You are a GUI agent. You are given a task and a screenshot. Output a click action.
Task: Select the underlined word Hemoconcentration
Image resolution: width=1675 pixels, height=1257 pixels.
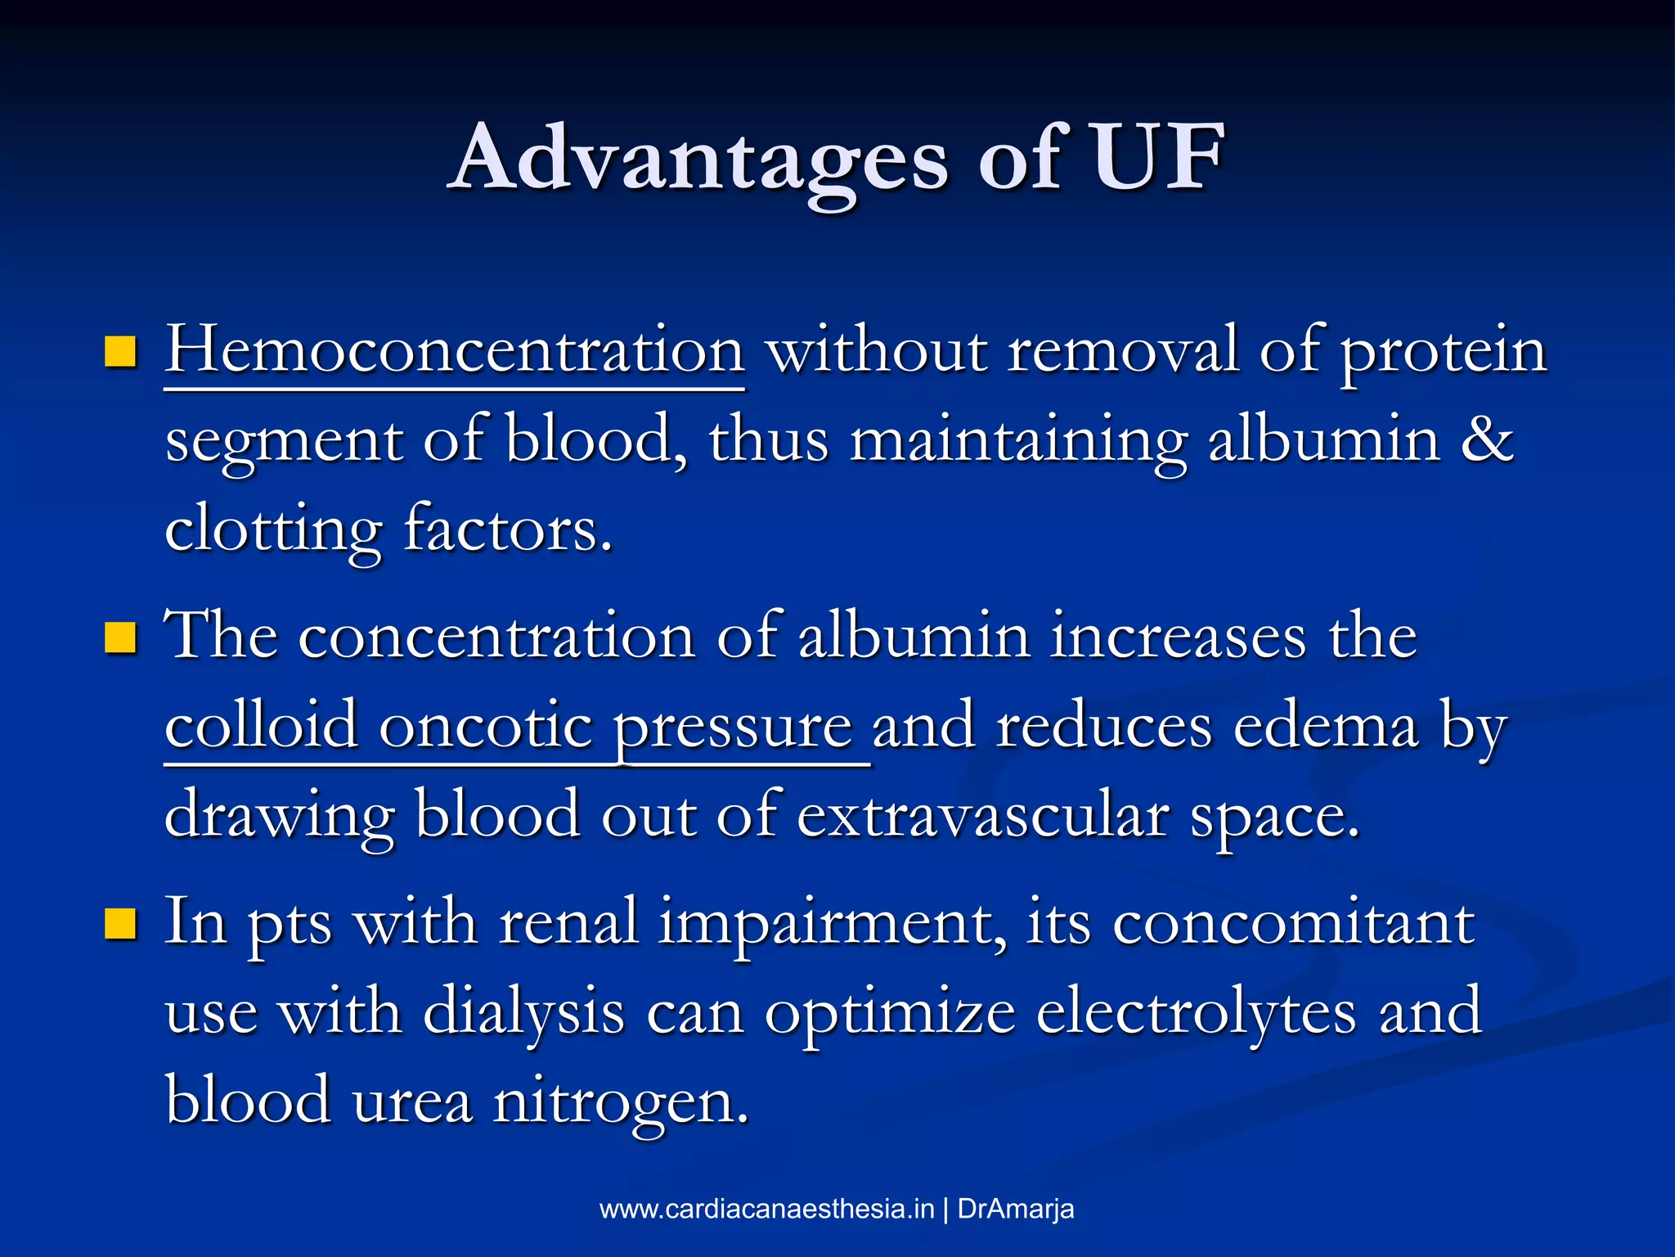(x=454, y=351)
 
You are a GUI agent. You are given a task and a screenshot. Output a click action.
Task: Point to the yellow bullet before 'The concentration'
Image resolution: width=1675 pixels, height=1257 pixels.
(x=120, y=638)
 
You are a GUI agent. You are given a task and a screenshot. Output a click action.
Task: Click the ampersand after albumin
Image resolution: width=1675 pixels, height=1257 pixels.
(x=1487, y=439)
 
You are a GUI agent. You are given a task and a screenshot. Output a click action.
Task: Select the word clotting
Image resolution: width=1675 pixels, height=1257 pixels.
(x=273, y=530)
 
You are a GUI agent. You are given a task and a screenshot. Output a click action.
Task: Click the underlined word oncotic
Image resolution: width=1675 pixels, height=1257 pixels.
(x=486, y=726)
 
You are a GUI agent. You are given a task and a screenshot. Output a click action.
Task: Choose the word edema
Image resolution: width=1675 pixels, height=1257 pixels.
(x=1326, y=726)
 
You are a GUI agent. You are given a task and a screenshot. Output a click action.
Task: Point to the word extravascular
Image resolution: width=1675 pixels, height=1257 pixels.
(x=982, y=816)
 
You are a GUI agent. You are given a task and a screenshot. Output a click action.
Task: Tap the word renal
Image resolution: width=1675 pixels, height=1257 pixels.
(x=568, y=923)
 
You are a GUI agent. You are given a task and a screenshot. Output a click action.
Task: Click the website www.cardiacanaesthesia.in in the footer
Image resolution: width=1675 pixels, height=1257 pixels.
(x=766, y=1209)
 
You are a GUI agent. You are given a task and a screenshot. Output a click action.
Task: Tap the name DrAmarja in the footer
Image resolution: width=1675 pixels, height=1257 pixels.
(x=1015, y=1209)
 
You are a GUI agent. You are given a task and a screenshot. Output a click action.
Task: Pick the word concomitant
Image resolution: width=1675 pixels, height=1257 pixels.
(x=1293, y=923)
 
